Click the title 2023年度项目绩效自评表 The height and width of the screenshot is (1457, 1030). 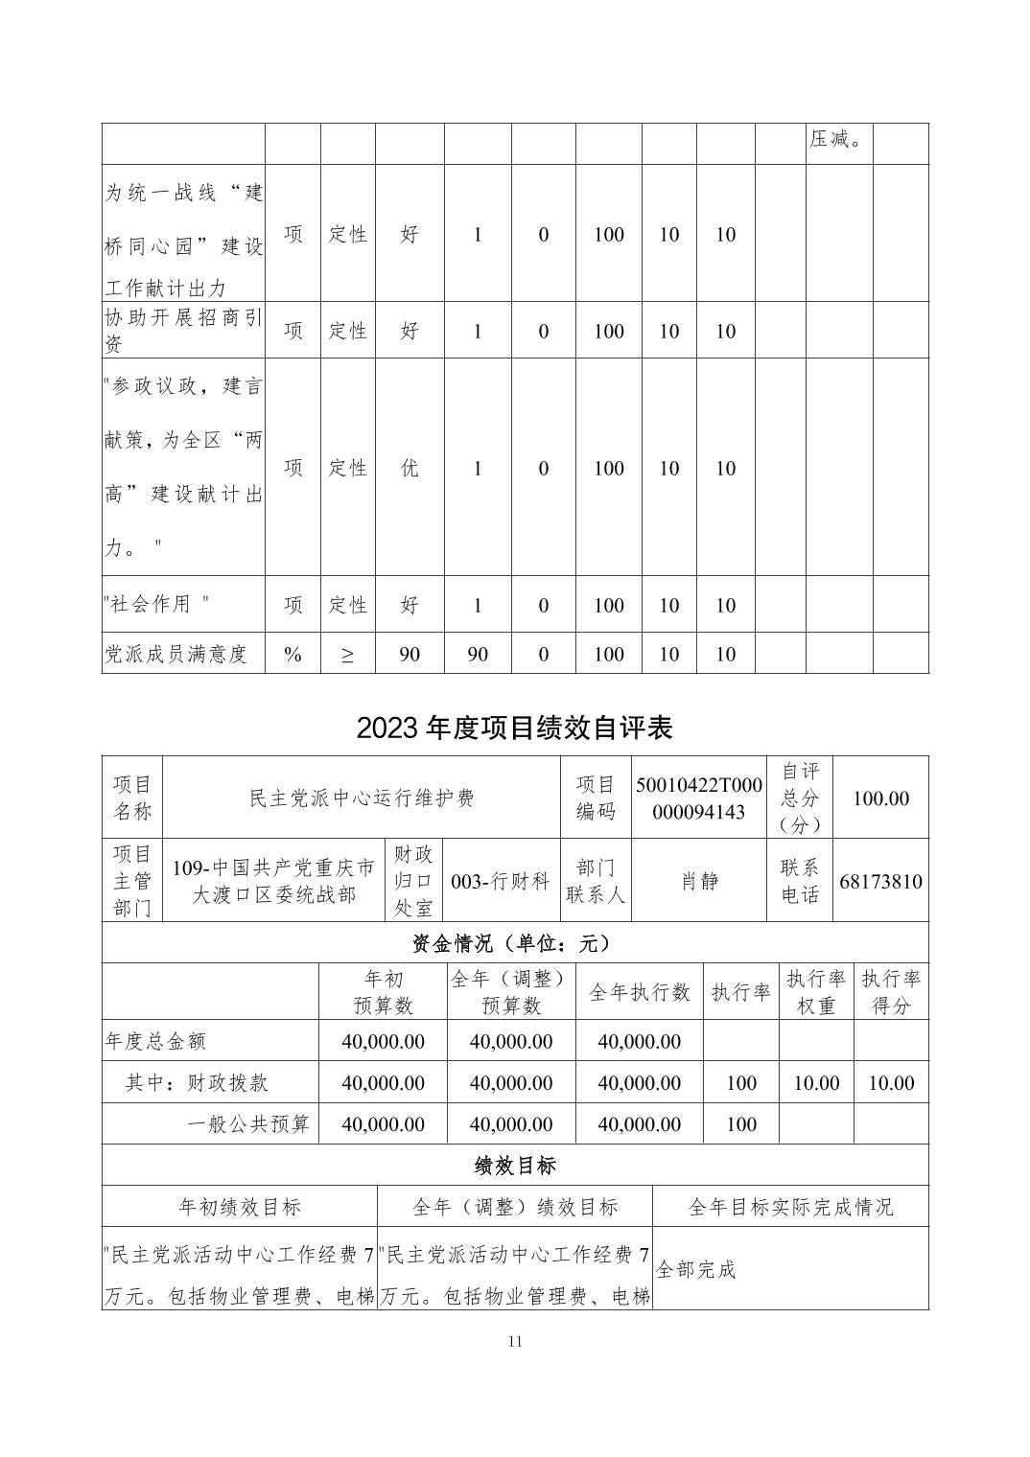[x=514, y=728]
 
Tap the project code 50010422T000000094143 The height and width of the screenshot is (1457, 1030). [x=698, y=798]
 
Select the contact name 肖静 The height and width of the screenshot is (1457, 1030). [x=699, y=881]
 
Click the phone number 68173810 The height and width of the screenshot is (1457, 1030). [x=880, y=881]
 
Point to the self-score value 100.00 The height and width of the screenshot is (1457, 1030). [x=880, y=798]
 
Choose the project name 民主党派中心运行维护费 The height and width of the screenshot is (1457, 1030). [x=362, y=798]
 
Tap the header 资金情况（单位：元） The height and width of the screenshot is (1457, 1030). [x=514, y=943]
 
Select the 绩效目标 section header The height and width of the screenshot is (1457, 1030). [x=514, y=1165]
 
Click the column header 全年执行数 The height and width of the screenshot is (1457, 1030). [x=639, y=992]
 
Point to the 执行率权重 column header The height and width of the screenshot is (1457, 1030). [x=816, y=992]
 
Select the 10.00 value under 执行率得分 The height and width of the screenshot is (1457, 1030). [x=890, y=1083]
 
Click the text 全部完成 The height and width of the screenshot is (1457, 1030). [x=696, y=1270]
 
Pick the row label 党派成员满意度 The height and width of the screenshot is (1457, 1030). [x=176, y=654]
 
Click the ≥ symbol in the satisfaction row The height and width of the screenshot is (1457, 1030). [x=347, y=654]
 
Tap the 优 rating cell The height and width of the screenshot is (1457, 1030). [x=410, y=468]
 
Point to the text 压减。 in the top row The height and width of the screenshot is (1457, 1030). [x=837, y=140]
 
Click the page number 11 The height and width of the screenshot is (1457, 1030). [x=514, y=1341]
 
